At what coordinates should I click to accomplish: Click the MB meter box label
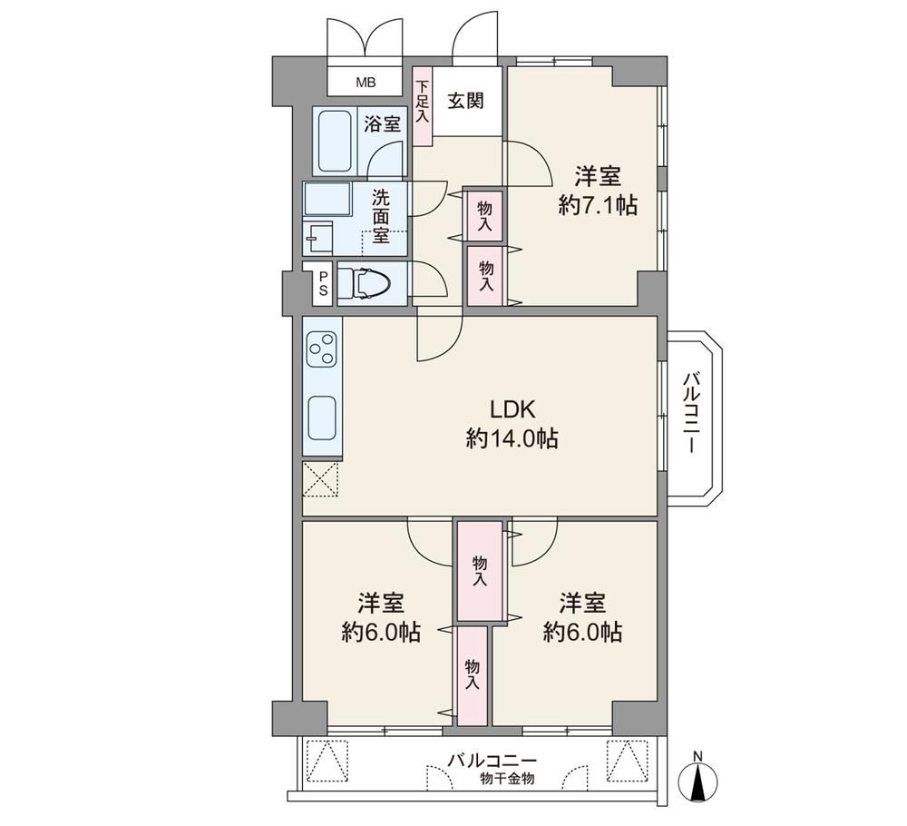[x=366, y=83]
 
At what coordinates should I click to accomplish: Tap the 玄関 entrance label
[x=466, y=102]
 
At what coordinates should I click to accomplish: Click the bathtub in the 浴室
[x=335, y=140]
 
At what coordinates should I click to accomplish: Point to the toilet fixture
[x=365, y=283]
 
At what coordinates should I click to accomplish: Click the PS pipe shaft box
[x=323, y=283]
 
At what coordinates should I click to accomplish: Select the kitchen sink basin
[x=322, y=418]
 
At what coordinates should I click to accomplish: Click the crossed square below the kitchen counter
[x=320, y=478]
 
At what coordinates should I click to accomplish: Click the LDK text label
[x=512, y=409]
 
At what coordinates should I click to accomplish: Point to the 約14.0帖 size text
[x=512, y=438]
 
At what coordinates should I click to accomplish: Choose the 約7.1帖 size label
[x=598, y=204]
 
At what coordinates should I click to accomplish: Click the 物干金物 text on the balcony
[x=507, y=779]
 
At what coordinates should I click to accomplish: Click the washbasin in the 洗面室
[x=317, y=238]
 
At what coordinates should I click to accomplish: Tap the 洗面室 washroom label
[x=381, y=216]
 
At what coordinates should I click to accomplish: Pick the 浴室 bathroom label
[x=383, y=123]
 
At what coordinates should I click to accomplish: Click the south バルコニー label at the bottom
[x=493, y=760]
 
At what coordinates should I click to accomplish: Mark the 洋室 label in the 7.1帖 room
[x=598, y=175]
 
